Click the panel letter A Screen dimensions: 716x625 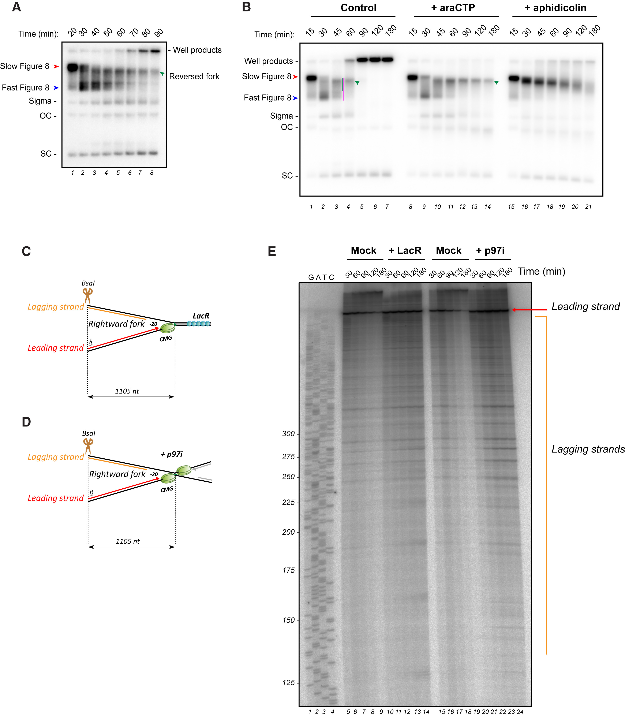pyautogui.click(x=16, y=7)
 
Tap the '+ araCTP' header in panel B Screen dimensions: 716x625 pyautogui.click(x=453, y=8)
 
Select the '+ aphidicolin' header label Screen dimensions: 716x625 pyautogui.click(x=555, y=8)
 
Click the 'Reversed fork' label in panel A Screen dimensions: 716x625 pyautogui.click(x=194, y=76)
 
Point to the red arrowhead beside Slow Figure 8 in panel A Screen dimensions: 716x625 pyautogui.click(x=56, y=66)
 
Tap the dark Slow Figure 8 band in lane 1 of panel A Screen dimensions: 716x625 pyautogui.click(x=72, y=67)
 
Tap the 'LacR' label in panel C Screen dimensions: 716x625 pyautogui.click(x=201, y=316)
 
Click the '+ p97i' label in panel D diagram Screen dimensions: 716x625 pyautogui.click(x=172, y=454)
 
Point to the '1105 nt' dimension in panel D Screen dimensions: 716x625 pyautogui.click(x=128, y=541)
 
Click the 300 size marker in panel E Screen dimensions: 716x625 pyautogui.click(x=288, y=433)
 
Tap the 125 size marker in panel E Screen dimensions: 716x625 pyautogui.click(x=288, y=683)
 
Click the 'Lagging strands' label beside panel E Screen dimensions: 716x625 pyautogui.click(x=588, y=449)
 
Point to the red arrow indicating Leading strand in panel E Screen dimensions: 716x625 pyautogui.click(x=528, y=310)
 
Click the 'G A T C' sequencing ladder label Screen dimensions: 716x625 pyautogui.click(x=321, y=277)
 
